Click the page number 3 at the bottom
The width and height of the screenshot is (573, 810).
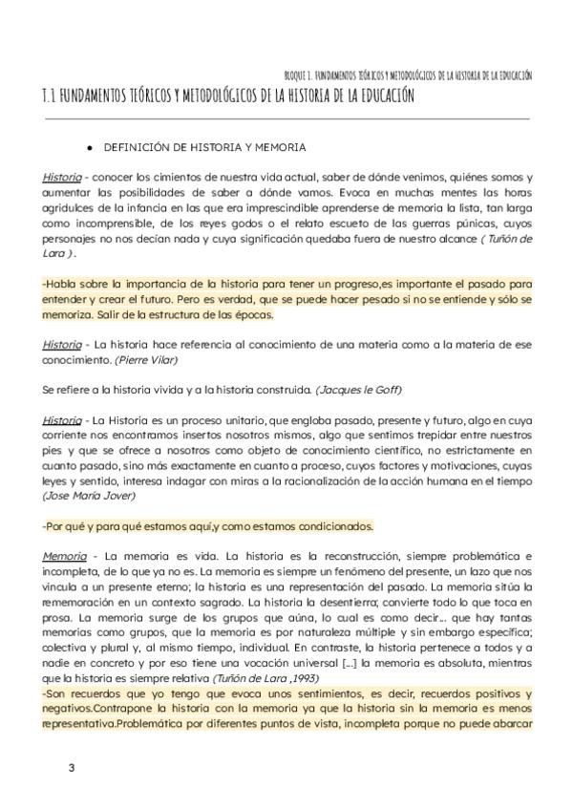(71, 768)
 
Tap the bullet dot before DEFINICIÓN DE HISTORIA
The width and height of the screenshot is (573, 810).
(89, 148)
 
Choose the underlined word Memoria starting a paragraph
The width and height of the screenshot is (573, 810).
(64, 556)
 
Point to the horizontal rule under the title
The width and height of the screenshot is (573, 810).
(286, 118)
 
